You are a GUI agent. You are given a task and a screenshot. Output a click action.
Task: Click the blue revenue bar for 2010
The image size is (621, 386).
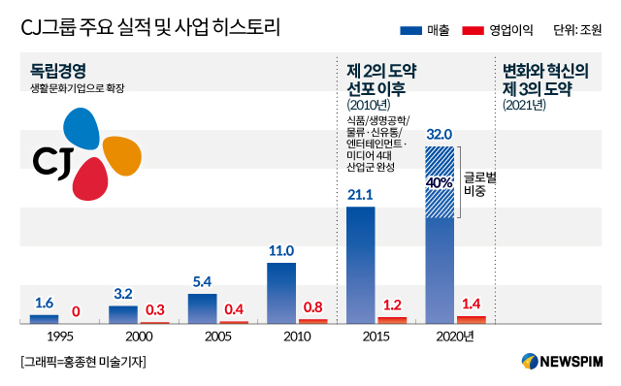point(281,293)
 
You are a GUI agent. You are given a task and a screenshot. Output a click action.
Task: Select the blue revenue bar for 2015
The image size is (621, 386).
point(360,265)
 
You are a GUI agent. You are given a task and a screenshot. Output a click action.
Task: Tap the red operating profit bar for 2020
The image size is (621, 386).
point(472,320)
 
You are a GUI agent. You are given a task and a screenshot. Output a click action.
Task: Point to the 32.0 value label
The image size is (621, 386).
point(440,135)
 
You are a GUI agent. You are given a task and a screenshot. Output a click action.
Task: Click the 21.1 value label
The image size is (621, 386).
point(360,195)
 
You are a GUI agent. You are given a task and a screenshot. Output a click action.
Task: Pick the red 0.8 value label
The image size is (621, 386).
point(312,307)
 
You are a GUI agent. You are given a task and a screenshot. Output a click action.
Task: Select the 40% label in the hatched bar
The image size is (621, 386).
point(440,183)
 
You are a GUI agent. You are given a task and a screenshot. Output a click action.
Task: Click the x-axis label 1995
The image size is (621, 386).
point(60,337)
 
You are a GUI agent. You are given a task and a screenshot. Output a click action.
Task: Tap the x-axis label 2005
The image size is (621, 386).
point(217,337)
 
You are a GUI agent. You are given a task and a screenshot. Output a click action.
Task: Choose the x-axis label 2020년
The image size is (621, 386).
point(455,337)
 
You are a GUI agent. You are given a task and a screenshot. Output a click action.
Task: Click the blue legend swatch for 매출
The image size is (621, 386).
point(410,30)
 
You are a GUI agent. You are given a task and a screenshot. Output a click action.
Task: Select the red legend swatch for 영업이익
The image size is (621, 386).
point(473,30)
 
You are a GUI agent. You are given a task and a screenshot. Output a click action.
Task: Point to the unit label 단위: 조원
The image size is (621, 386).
point(577,30)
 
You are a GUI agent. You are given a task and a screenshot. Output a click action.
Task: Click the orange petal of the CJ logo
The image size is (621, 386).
point(122,155)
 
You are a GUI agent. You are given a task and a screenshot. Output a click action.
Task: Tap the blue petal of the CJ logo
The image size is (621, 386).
point(82,129)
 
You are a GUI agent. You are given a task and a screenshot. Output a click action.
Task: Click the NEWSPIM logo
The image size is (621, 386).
point(562,361)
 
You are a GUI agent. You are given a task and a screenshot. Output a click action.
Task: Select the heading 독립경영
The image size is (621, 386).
point(58,71)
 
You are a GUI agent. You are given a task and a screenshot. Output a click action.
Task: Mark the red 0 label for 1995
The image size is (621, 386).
point(76,312)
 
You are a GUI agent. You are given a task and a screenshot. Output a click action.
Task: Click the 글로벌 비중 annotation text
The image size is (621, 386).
point(479,184)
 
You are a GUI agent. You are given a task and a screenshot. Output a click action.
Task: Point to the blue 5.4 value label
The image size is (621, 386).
point(202,282)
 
